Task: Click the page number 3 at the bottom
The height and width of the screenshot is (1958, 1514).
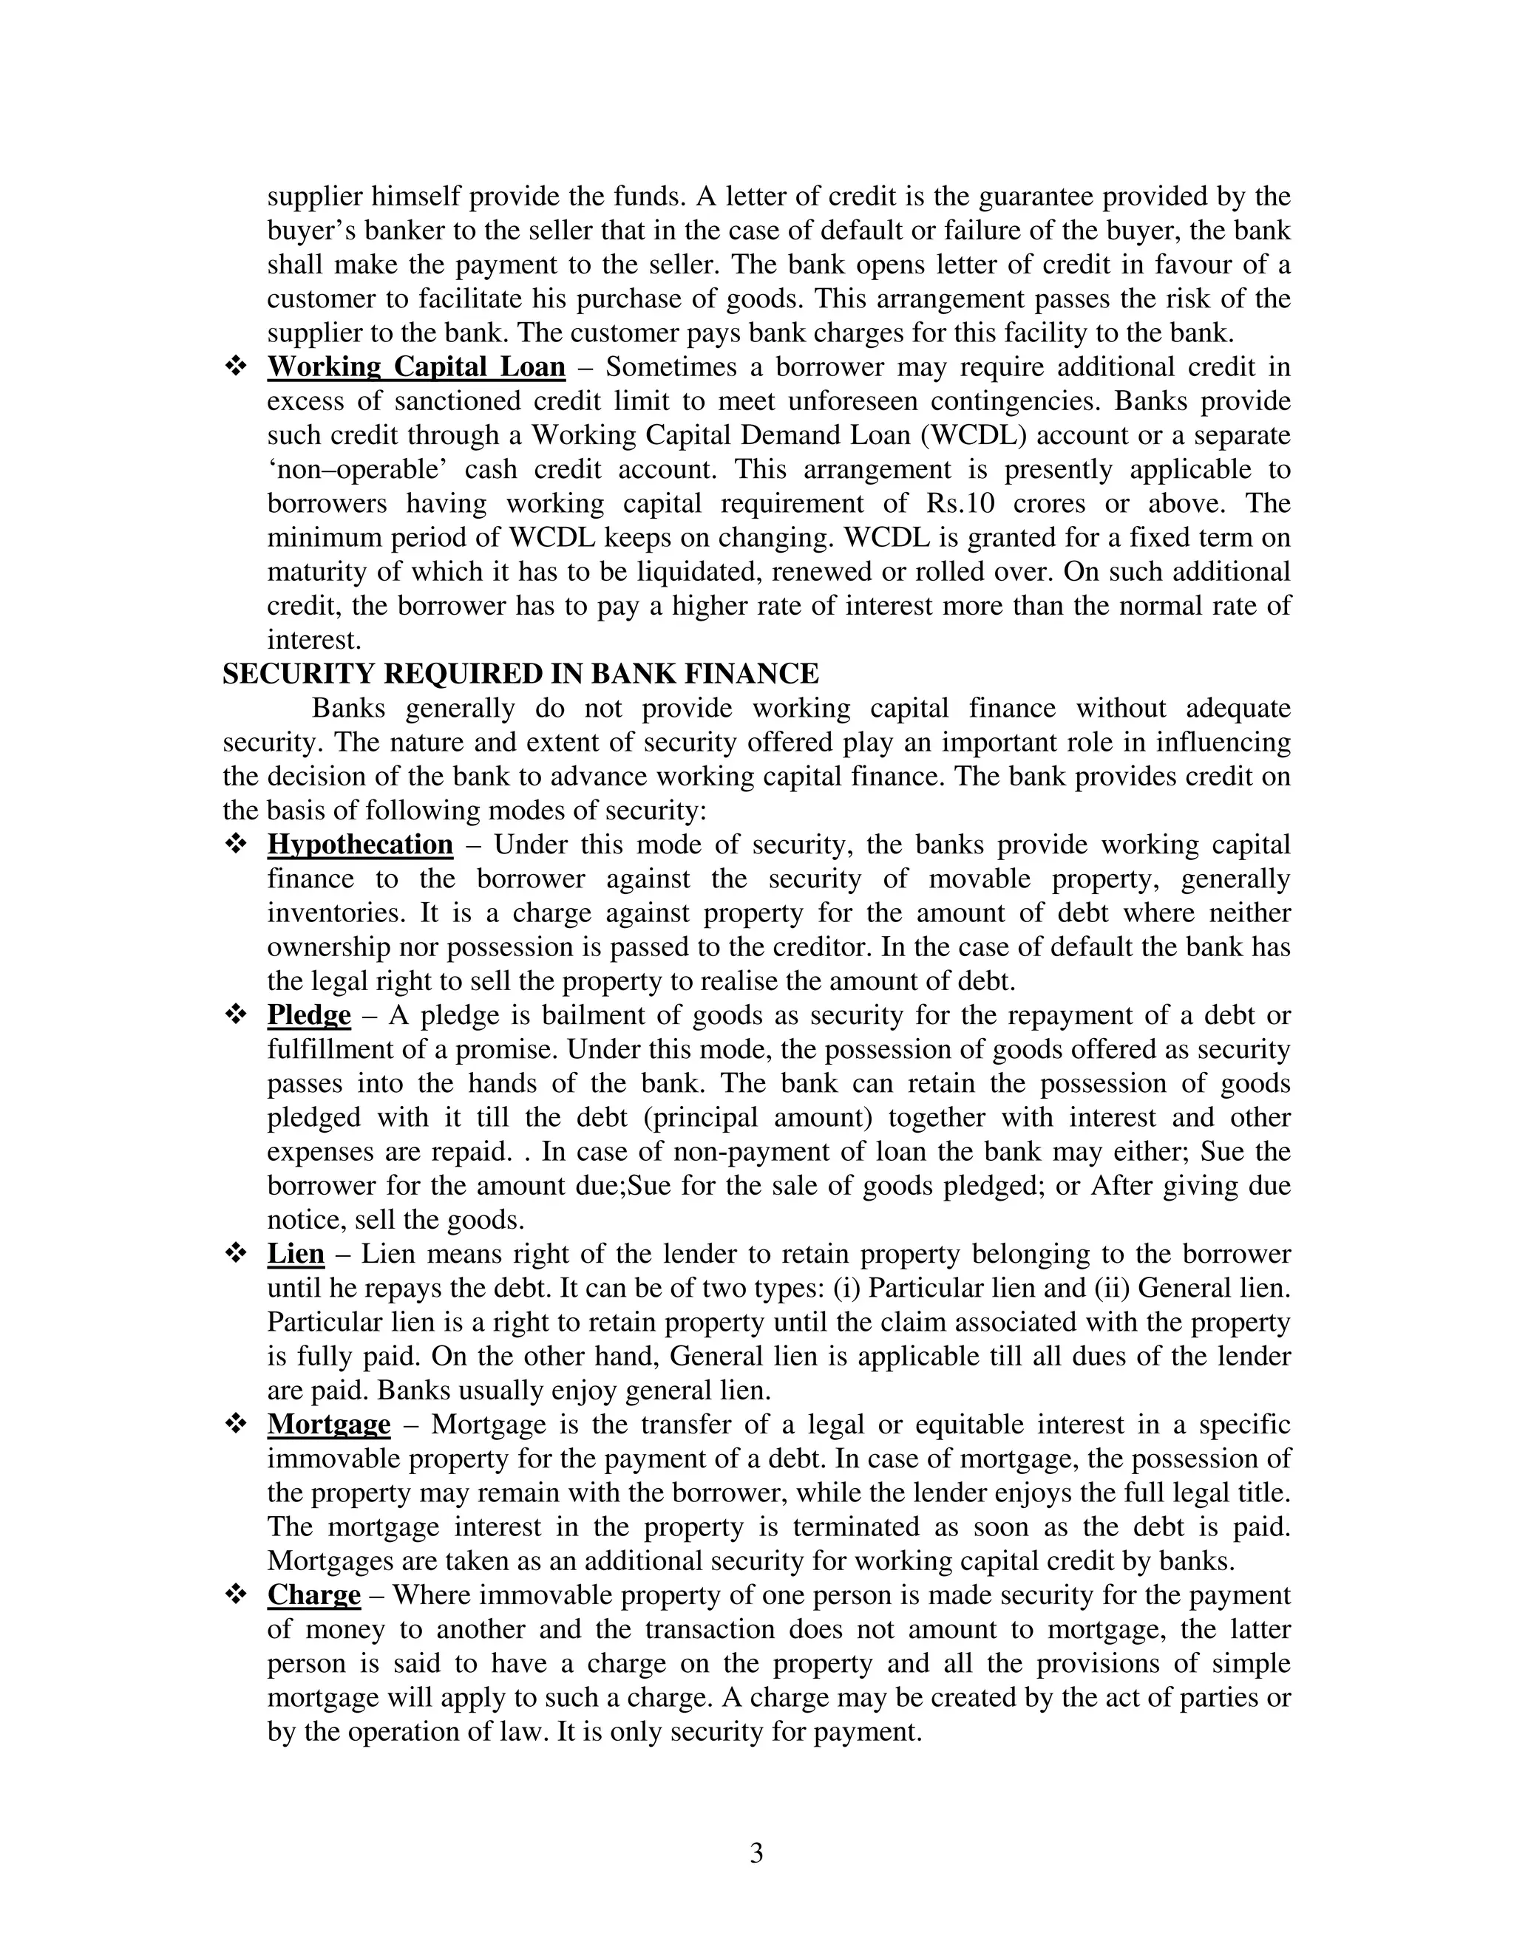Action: click(756, 1853)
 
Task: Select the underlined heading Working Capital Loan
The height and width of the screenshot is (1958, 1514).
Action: click(416, 366)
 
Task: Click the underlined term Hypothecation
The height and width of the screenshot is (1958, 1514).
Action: click(360, 845)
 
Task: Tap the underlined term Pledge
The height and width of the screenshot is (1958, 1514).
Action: click(308, 1016)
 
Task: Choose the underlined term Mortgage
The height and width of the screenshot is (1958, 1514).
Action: click(328, 1425)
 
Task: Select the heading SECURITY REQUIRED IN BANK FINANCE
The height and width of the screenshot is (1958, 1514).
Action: click(520, 673)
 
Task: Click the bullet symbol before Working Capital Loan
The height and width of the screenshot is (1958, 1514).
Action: click(236, 366)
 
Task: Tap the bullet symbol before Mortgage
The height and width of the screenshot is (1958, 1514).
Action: click(236, 1425)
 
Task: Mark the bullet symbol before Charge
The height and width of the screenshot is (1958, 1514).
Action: click(236, 1595)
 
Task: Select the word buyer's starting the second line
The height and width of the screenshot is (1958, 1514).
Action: click(308, 231)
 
